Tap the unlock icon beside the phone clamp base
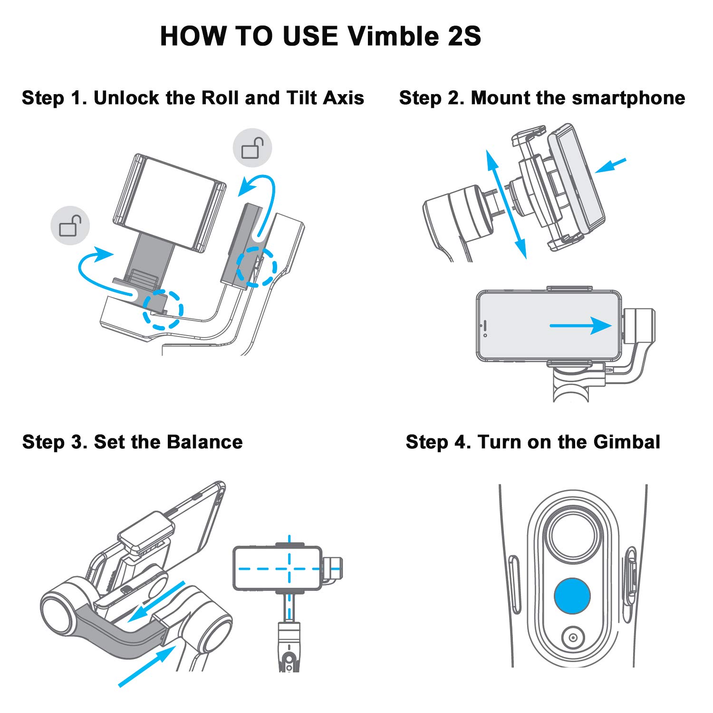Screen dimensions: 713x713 tap(70, 225)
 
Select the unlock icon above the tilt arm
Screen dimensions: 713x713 tap(252, 147)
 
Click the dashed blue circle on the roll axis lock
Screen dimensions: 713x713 tap(163, 309)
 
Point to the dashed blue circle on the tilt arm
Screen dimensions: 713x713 tap(257, 267)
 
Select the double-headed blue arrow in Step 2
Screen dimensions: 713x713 tap(506, 204)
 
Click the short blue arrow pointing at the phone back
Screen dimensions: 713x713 tap(610, 165)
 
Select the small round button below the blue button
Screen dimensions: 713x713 tap(572, 637)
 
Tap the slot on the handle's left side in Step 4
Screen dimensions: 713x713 tap(514, 584)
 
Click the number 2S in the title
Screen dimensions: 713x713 tap(464, 36)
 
